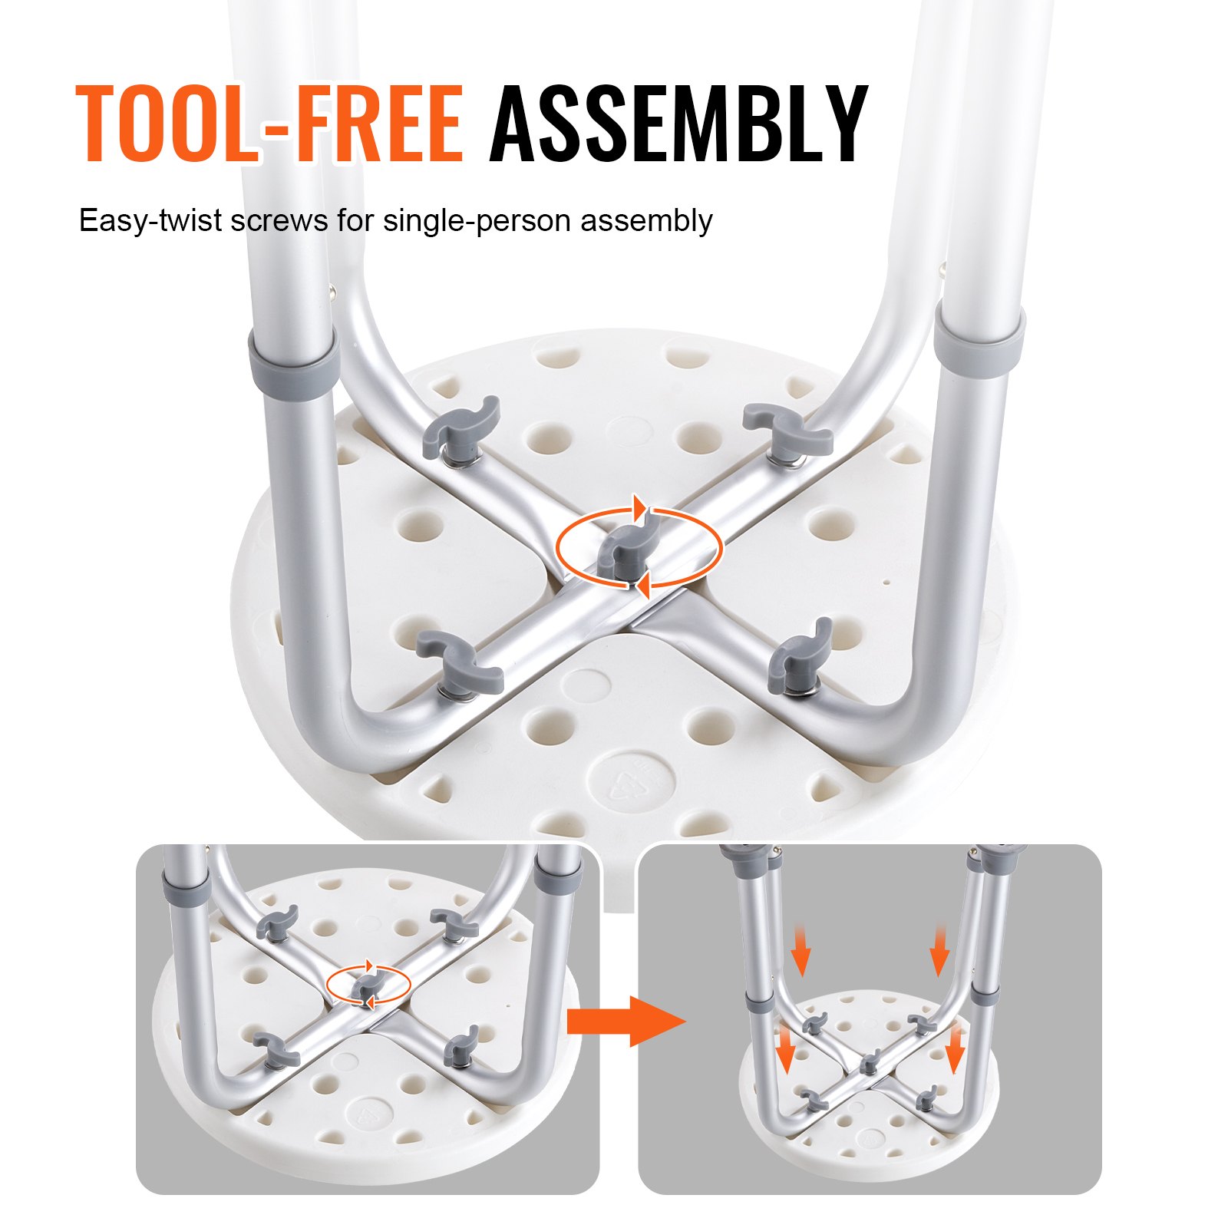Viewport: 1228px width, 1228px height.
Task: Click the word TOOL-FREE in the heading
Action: click(x=270, y=124)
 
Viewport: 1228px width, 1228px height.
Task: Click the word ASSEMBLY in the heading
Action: click(x=679, y=124)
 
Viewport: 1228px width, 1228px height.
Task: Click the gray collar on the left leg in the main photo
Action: click(x=294, y=360)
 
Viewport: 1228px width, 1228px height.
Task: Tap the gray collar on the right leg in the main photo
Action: click(x=979, y=338)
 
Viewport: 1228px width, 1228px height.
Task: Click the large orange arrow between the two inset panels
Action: click(x=625, y=1021)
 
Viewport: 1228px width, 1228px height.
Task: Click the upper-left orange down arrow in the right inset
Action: click(x=801, y=950)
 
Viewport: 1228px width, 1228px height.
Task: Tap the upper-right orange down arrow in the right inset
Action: click(x=939, y=950)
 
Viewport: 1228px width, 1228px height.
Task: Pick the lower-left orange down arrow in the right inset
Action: click(x=785, y=1048)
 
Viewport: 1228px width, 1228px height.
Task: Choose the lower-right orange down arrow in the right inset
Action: click(x=954, y=1048)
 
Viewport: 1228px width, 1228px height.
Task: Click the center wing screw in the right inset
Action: click(x=868, y=1063)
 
